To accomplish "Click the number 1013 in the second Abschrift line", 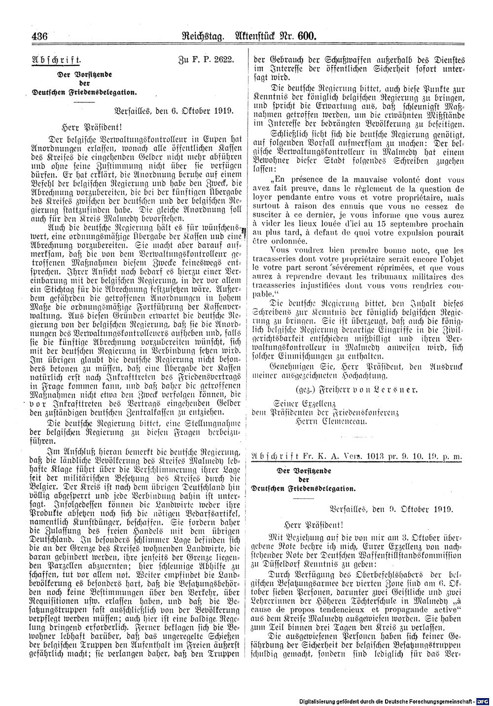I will (375, 456).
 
